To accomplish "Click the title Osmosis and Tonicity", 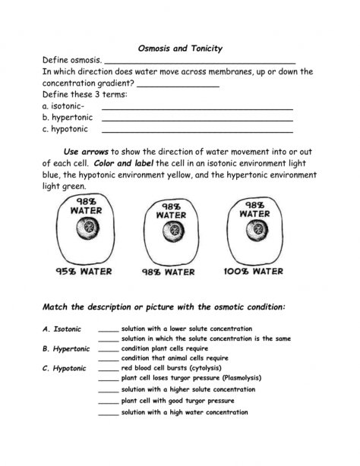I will (179, 48).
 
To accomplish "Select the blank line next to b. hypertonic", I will (197, 120).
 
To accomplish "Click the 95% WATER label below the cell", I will (84, 270).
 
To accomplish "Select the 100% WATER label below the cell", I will (254, 270).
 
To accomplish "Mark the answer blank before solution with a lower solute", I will (109, 329).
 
